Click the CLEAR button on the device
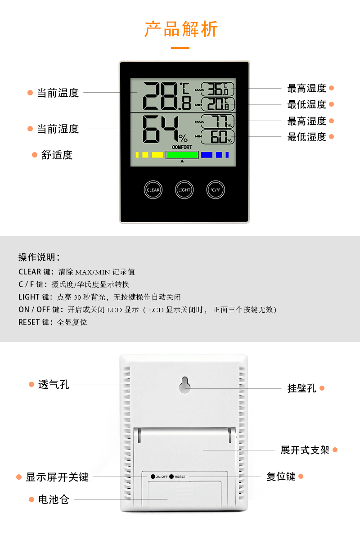[x=153, y=190]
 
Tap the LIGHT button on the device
[x=184, y=190]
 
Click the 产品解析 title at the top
[x=181, y=29]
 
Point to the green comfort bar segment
[x=182, y=155]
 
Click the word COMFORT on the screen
[x=182, y=147]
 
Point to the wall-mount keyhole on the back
[x=184, y=385]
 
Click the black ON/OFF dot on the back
[x=153, y=477]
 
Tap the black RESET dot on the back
[x=171, y=477]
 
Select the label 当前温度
[x=58, y=93]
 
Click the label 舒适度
[x=57, y=155]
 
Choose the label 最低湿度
[x=307, y=137]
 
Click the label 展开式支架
[x=305, y=450]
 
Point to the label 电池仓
[x=54, y=499]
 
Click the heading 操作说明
[x=39, y=257]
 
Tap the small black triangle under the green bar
[x=182, y=161]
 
